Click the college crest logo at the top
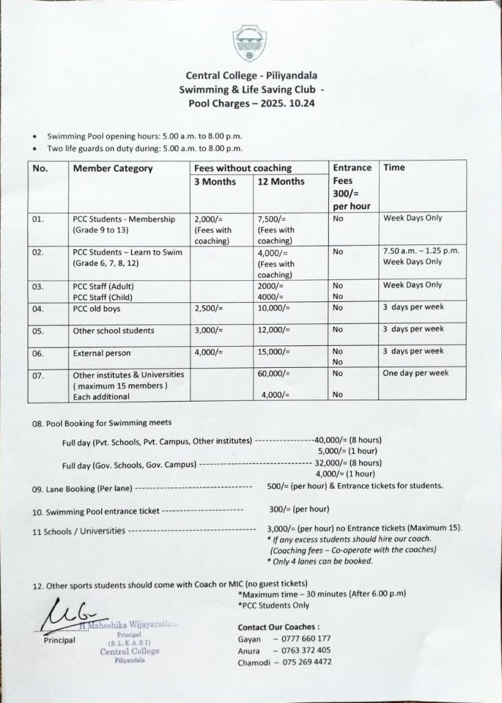(249, 43)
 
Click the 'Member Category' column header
(113, 168)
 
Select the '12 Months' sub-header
(280, 182)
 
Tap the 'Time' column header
(394, 168)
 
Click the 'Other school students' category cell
(113, 331)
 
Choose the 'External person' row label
(102, 354)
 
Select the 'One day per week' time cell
(415, 373)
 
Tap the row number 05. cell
(38, 331)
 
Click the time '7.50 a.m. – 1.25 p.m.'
(421, 251)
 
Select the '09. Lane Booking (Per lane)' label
(82, 489)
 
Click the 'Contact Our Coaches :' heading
(278, 627)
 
